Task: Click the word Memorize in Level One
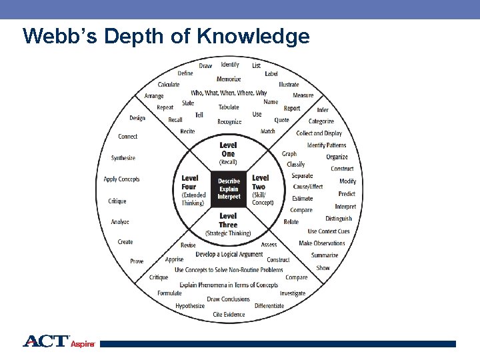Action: [x=229, y=79]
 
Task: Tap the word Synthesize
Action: [x=123, y=158]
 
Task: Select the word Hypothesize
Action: [x=190, y=306]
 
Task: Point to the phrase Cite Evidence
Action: [x=229, y=315]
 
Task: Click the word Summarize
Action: [x=325, y=255]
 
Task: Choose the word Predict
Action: [x=347, y=194]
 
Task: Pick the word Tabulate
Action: [x=229, y=107]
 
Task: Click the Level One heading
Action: [x=228, y=149]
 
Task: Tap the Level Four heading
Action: [x=190, y=182]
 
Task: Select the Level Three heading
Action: [x=228, y=220]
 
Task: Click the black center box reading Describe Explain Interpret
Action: [x=229, y=189]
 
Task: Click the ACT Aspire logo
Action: [x=59, y=342]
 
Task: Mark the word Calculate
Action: [x=169, y=85]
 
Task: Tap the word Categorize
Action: [x=321, y=121]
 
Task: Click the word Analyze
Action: [x=120, y=222]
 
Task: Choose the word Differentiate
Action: [x=269, y=306]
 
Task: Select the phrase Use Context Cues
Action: [x=329, y=231]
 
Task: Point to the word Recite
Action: [x=187, y=131]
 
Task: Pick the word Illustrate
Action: [x=289, y=85]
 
